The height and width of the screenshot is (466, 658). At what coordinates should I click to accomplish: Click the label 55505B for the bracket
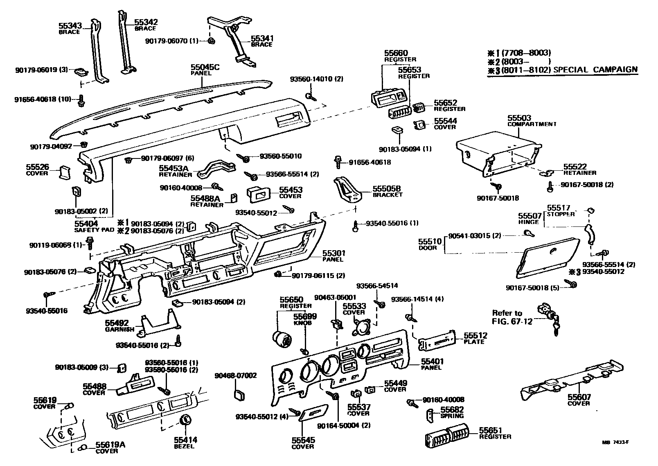[x=386, y=189]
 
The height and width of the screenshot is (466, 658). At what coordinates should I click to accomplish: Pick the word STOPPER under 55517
[x=561, y=214]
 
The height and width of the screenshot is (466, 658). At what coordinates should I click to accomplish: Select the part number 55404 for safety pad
[x=86, y=224]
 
